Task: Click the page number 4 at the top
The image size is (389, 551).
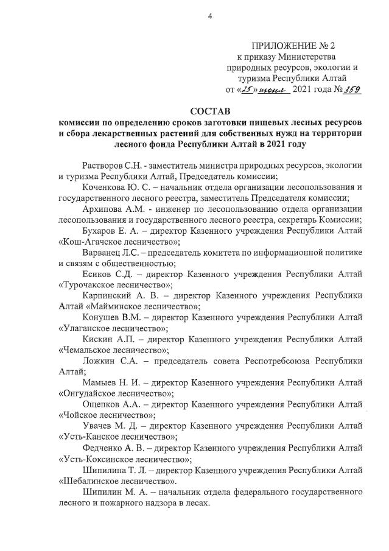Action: coord(209,17)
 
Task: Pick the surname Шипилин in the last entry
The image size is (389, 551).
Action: coord(100,494)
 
